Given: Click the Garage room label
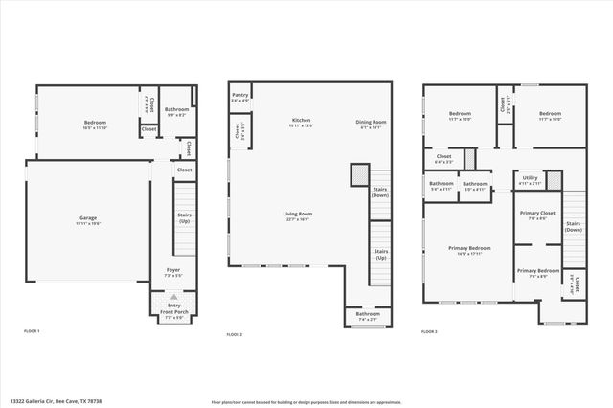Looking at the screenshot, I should coord(87,217).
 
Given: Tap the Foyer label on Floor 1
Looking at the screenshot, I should coord(173,269).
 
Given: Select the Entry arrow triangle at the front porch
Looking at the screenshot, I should coord(173,298).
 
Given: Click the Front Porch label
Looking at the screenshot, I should coord(173,312).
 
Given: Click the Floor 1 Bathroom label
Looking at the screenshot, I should coord(176,109).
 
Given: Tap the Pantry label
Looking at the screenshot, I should coord(239,94).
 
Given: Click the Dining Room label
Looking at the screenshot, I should coord(371,122).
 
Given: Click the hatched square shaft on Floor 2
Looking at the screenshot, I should coord(358,174).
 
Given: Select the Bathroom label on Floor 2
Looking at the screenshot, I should coord(368,313).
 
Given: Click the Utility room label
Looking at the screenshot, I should coord(530,177).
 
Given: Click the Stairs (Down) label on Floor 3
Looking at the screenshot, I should coord(573,227).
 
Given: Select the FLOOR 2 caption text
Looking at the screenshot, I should coord(234,334).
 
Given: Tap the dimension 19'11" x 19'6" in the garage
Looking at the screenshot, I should coord(87,223).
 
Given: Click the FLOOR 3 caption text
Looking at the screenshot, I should coord(430,330).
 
